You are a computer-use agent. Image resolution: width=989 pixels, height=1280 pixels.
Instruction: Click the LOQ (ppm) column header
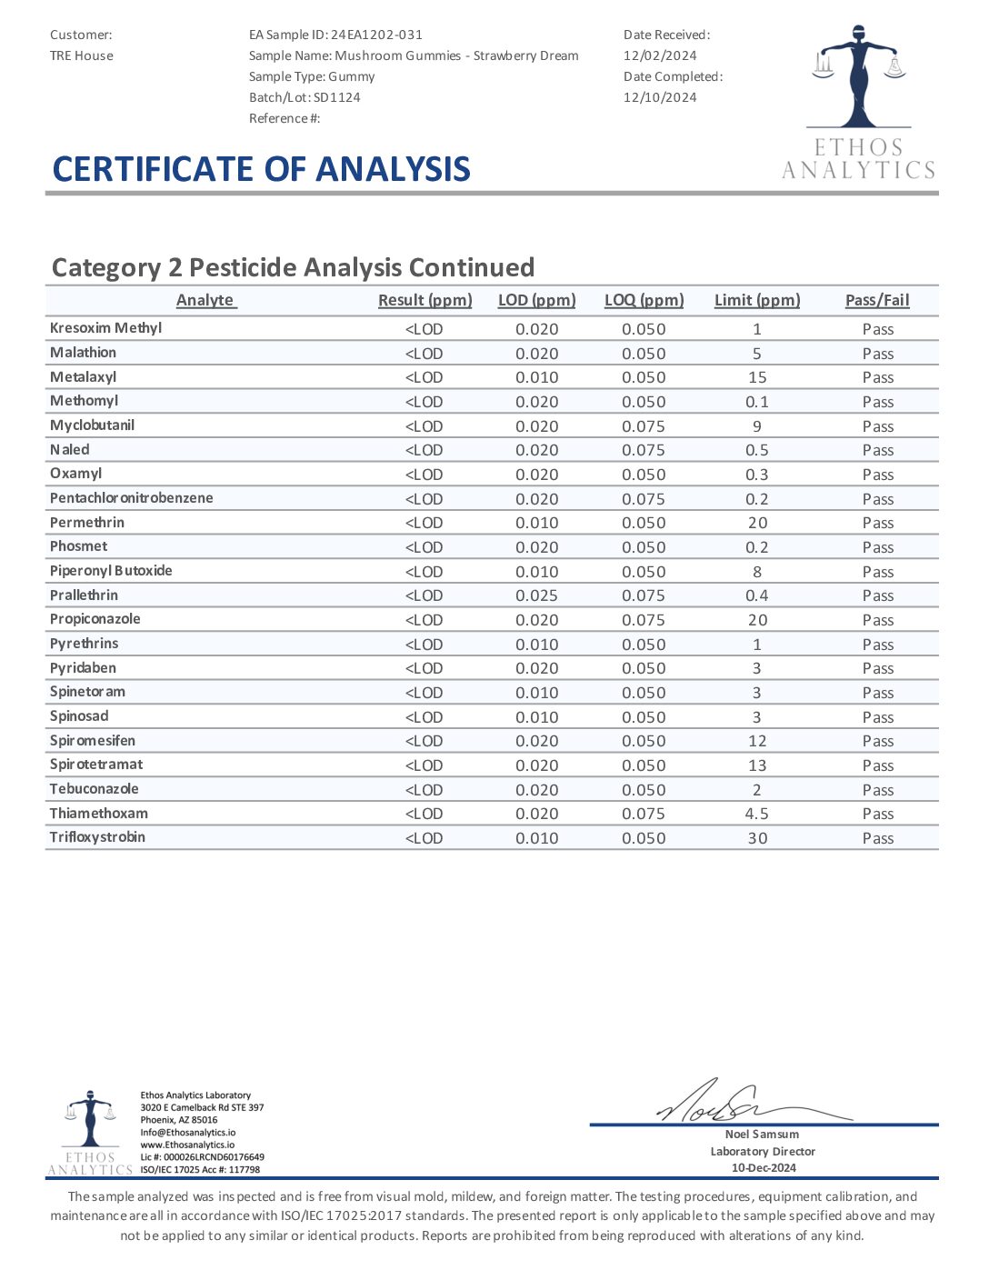point(644,300)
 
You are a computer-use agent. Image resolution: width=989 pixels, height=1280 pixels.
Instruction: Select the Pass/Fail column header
point(877,300)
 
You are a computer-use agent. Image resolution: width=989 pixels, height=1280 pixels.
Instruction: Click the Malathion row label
point(83,353)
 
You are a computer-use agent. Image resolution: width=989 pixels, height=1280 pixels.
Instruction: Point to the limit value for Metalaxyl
point(757,377)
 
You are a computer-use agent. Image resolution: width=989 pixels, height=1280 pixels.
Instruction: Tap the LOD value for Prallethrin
point(537,595)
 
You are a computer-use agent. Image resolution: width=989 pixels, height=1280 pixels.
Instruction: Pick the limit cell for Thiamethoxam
point(757,814)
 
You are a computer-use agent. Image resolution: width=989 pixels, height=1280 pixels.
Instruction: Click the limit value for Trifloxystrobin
point(757,838)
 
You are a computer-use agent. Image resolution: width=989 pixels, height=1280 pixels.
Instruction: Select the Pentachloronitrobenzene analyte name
point(132,498)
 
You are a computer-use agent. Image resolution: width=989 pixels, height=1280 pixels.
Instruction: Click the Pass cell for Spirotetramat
point(878,765)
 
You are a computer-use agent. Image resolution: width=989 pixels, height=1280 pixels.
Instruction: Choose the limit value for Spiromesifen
point(757,741)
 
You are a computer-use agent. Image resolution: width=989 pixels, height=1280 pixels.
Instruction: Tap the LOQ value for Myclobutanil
point(644,426)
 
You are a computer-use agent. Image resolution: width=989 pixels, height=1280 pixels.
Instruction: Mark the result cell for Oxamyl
point(424,475)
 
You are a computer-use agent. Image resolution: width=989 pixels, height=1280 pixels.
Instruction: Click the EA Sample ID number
point(376,35)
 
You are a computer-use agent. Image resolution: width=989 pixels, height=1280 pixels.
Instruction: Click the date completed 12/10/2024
point(660,97)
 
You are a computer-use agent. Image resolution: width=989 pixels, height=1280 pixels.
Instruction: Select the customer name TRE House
point(82,55)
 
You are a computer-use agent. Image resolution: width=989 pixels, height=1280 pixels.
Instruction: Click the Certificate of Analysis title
point(262,169)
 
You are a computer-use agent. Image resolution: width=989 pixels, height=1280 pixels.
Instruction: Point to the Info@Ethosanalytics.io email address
point(187,1133)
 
